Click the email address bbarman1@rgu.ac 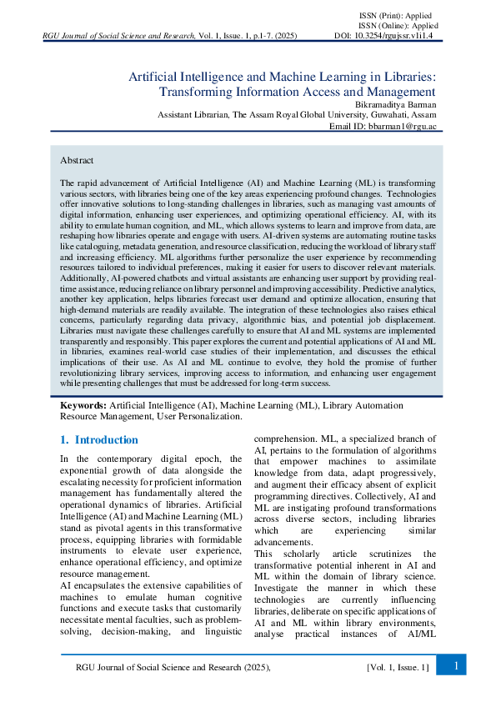[403, 126]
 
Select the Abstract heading [77, 159]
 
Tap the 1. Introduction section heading [98, 439]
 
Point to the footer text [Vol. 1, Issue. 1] [398, 666]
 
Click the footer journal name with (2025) [173, 666]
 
